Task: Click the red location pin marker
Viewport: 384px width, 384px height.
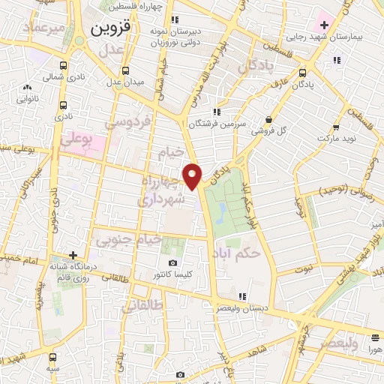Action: coord(193,176)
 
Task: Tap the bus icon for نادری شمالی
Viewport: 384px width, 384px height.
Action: coord(63,64)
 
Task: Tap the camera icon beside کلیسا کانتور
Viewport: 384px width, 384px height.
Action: coord(173,263)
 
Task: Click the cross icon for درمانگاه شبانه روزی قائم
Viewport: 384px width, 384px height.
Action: coord(73,255)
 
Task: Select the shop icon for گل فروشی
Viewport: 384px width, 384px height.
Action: coord(269,119)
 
